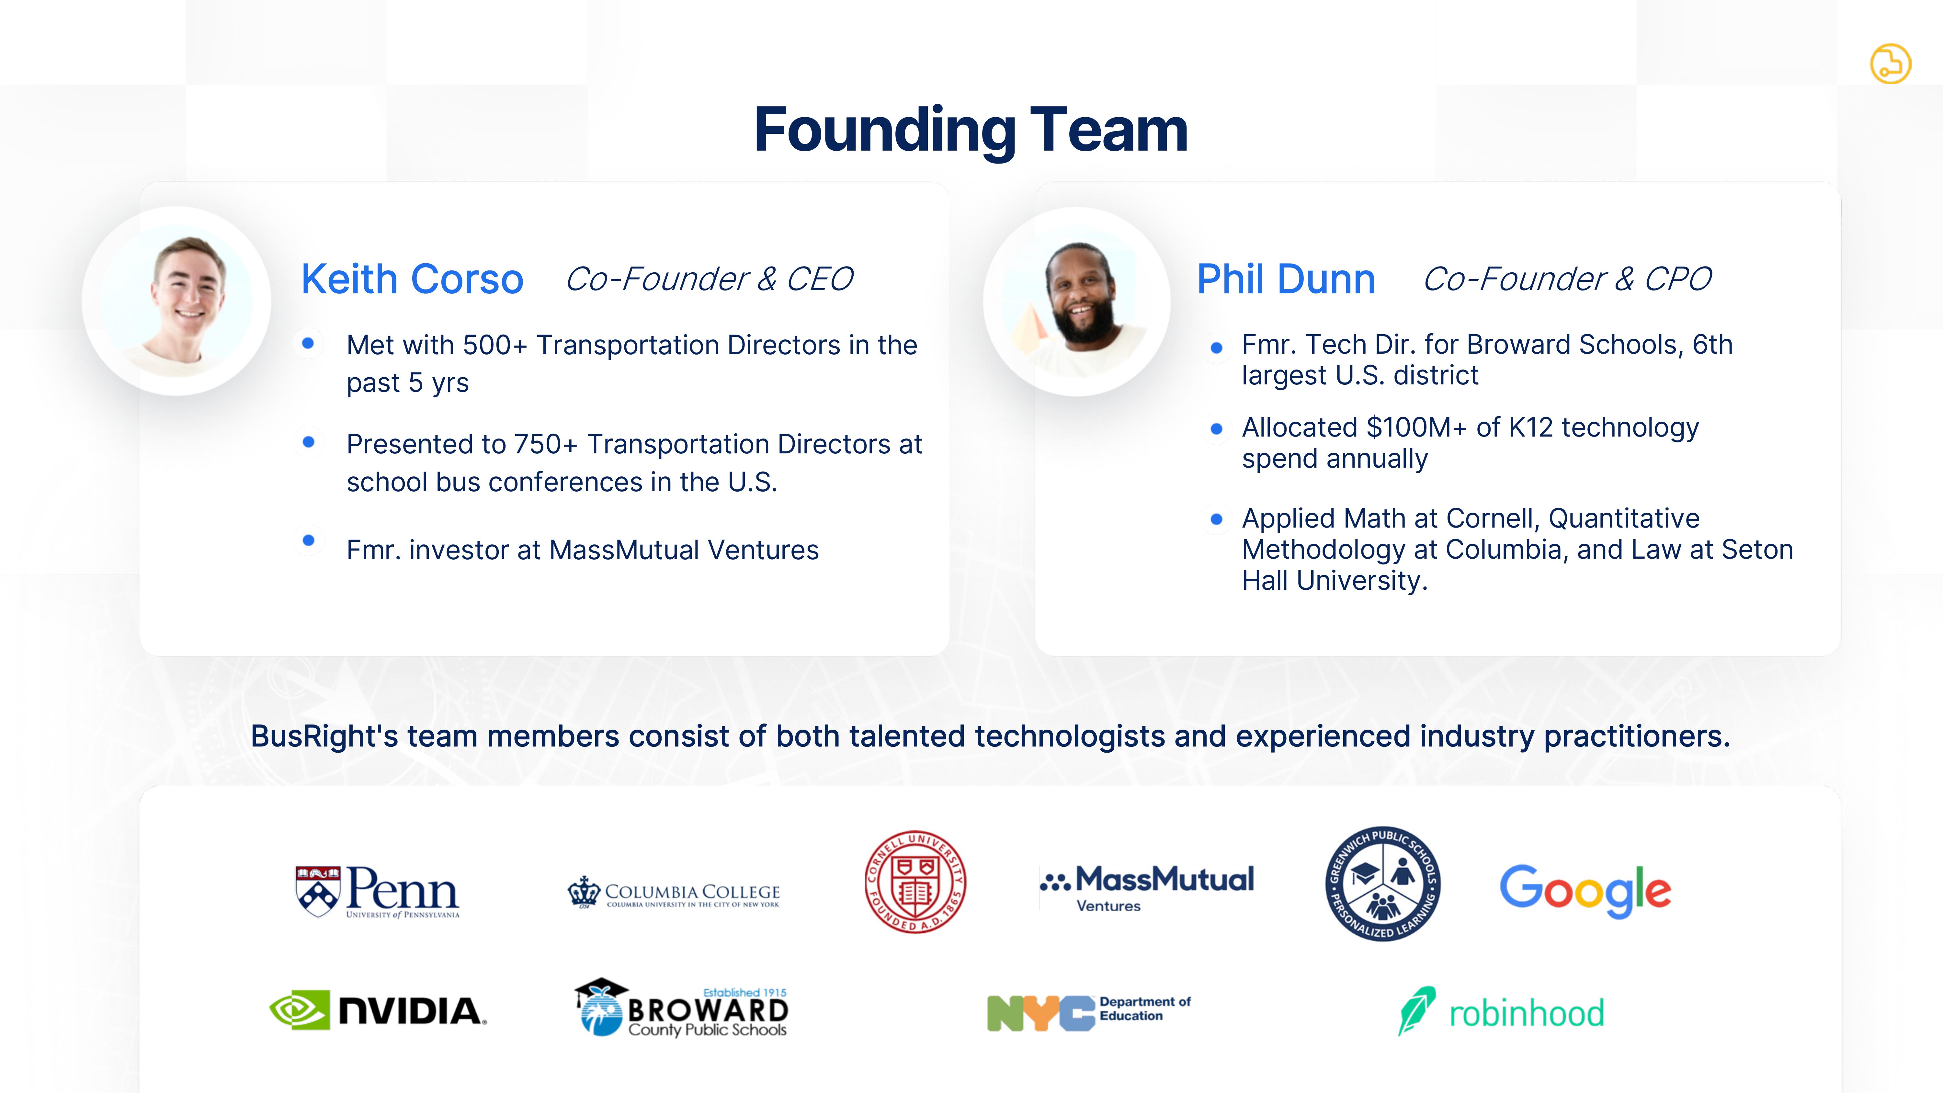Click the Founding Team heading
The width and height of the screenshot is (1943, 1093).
[x=971, y=131]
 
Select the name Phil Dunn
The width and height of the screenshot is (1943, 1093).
[x=1286, y=279]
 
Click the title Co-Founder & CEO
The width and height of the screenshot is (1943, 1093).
[x=709, y=279]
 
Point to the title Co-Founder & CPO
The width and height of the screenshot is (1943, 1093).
[x=1567, y=279]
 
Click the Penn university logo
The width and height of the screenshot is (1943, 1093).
[x=377, y=892]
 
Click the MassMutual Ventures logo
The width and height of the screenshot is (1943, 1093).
[x=1146, y=888]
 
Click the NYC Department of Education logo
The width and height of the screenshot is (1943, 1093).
[x=1088, y=1012]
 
